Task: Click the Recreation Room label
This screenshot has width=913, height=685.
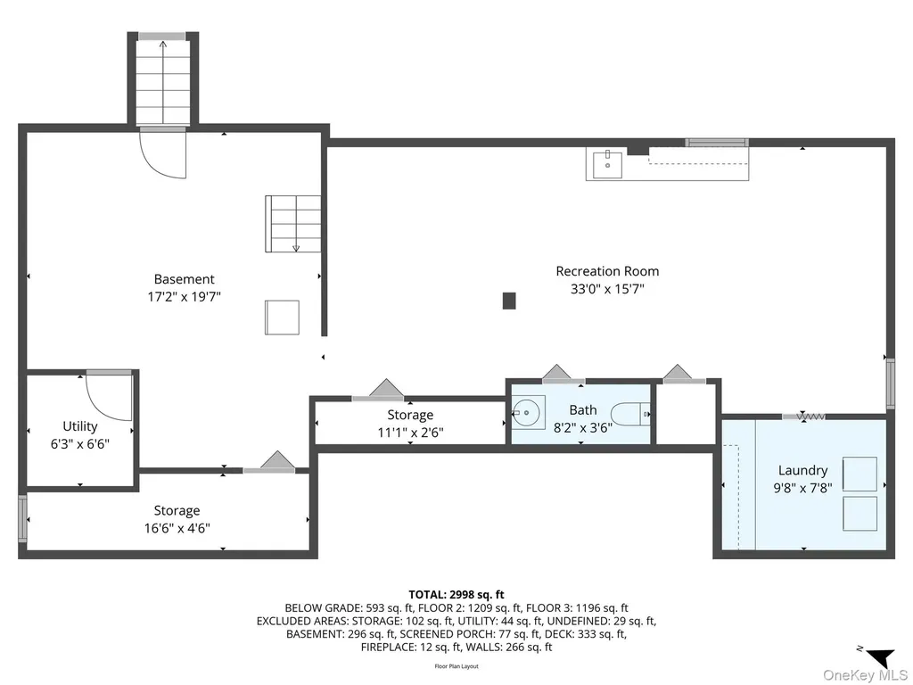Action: pos(607,271)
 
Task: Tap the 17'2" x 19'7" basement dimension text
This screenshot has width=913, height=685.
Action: pos(184,297)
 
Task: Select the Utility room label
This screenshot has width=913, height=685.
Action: pos(79,426)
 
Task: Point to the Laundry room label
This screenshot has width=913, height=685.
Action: pos(802,471)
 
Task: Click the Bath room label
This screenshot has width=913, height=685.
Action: pos(583,410)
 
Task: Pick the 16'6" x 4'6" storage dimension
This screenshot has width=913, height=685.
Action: pos(177,528)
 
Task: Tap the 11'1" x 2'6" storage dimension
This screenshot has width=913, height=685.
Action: pos(410,433)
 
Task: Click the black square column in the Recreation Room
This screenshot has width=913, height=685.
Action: pos(509,301)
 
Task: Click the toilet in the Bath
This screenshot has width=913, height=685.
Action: pos(632,415)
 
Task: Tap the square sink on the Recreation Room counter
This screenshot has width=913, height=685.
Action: pos(607,165)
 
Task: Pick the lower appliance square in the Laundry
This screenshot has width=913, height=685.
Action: pos(860,513)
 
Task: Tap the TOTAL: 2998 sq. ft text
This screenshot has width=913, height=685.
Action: pos(456,595)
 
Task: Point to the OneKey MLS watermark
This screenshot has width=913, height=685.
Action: pos(865,675)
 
